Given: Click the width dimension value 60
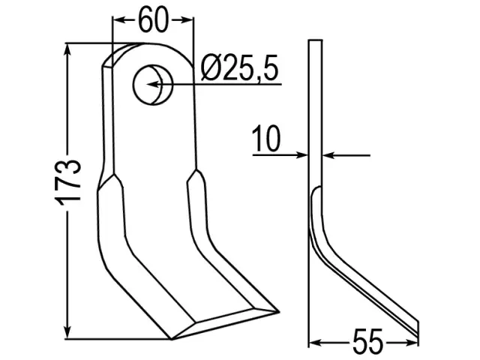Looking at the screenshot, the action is [x=153, y=20].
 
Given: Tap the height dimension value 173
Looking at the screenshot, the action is [x=67, y=181].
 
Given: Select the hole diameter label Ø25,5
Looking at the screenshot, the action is [x=239, y=68].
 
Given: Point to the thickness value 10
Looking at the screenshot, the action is [x=265, y=138].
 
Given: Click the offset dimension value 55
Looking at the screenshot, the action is [x=367, y=341].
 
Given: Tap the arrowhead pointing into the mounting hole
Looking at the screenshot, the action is [x=154, y=84].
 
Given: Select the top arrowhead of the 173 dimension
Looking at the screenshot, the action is [x=67, y=49].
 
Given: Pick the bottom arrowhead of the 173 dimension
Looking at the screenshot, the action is [x=67, y=333].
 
